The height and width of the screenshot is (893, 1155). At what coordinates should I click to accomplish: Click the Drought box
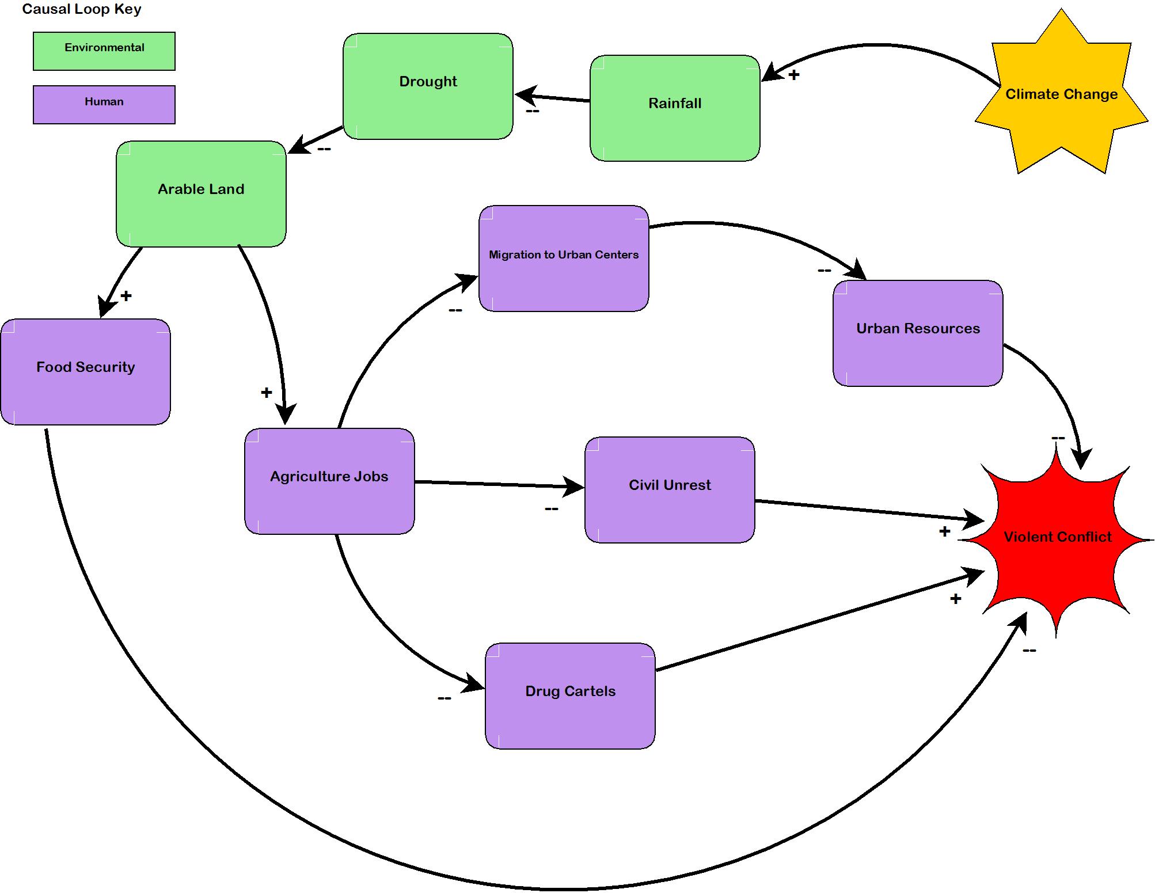428,86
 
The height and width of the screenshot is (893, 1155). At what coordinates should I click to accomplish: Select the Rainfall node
675,108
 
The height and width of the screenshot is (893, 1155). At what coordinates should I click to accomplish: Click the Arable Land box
201,194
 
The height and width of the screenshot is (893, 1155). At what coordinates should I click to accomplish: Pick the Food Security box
85,372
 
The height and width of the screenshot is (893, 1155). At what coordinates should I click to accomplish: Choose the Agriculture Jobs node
329,481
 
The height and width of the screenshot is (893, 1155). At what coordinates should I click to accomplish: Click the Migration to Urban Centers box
564,259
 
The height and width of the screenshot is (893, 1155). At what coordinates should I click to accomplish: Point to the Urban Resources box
918,333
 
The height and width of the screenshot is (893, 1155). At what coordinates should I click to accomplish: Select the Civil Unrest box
670,490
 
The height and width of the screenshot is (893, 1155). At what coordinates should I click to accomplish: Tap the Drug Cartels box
570,696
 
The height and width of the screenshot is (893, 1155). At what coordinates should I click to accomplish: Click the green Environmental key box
104,51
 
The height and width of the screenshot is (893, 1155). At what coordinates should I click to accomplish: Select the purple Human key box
104,105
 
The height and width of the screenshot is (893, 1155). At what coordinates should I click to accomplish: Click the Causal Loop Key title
82,9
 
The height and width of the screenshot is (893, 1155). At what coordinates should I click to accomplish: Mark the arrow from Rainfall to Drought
552,98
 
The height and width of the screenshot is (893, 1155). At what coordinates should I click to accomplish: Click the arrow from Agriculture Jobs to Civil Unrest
499,484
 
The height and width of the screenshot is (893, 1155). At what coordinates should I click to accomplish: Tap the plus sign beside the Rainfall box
794,75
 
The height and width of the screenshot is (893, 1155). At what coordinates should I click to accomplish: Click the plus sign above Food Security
126,296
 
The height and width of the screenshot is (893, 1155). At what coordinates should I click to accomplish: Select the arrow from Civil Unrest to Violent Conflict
869,511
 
